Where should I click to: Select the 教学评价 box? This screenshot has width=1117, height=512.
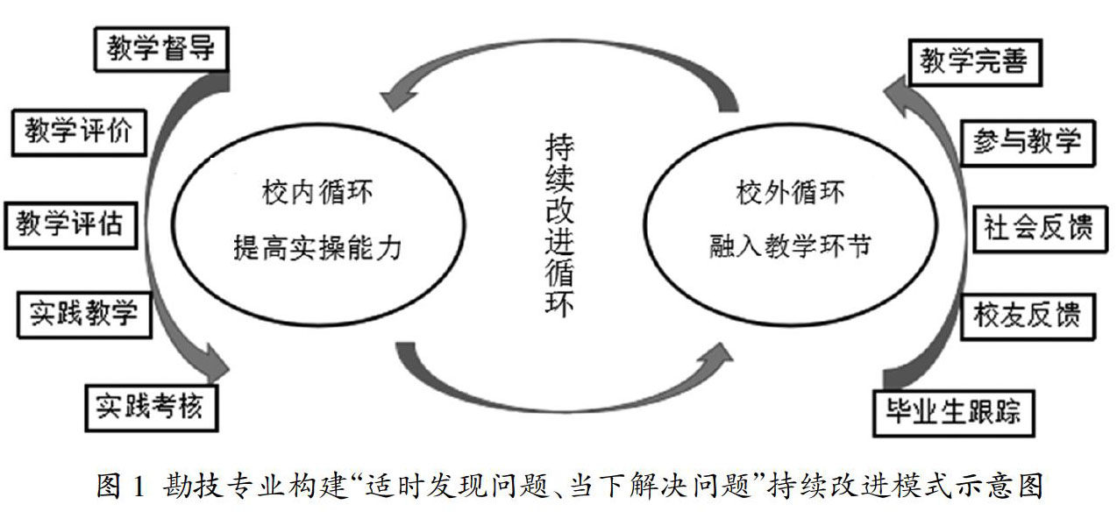[x=78, y=132]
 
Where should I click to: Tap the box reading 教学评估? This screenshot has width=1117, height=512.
[x=71, y=224]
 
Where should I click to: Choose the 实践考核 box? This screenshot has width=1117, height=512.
[x=150, y=405]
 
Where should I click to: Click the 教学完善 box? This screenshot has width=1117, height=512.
[x=972, y=62]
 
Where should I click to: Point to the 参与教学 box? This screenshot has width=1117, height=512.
[x=1027, y=141]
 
